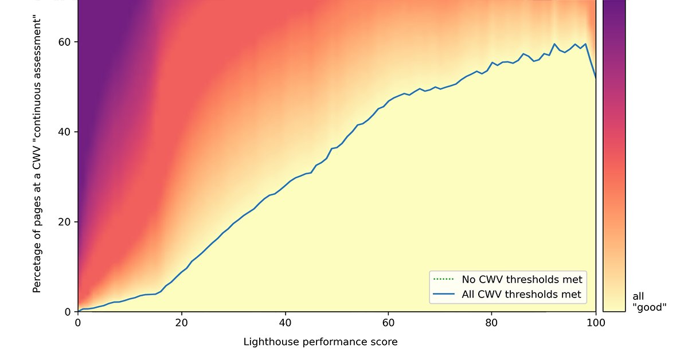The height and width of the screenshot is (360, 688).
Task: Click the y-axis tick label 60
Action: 64,42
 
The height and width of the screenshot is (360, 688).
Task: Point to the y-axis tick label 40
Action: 64,132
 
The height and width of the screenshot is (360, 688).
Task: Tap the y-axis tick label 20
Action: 64,222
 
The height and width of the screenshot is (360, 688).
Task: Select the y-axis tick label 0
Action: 67,312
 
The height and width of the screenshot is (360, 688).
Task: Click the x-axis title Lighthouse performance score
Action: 320,342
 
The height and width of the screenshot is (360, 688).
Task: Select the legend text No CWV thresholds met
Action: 522,280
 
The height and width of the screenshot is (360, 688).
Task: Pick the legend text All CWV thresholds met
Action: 522,295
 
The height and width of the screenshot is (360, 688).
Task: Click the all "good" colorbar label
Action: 649,302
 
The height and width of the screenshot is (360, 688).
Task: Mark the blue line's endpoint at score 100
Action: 596,77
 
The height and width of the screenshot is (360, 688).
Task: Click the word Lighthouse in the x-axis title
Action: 267,342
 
